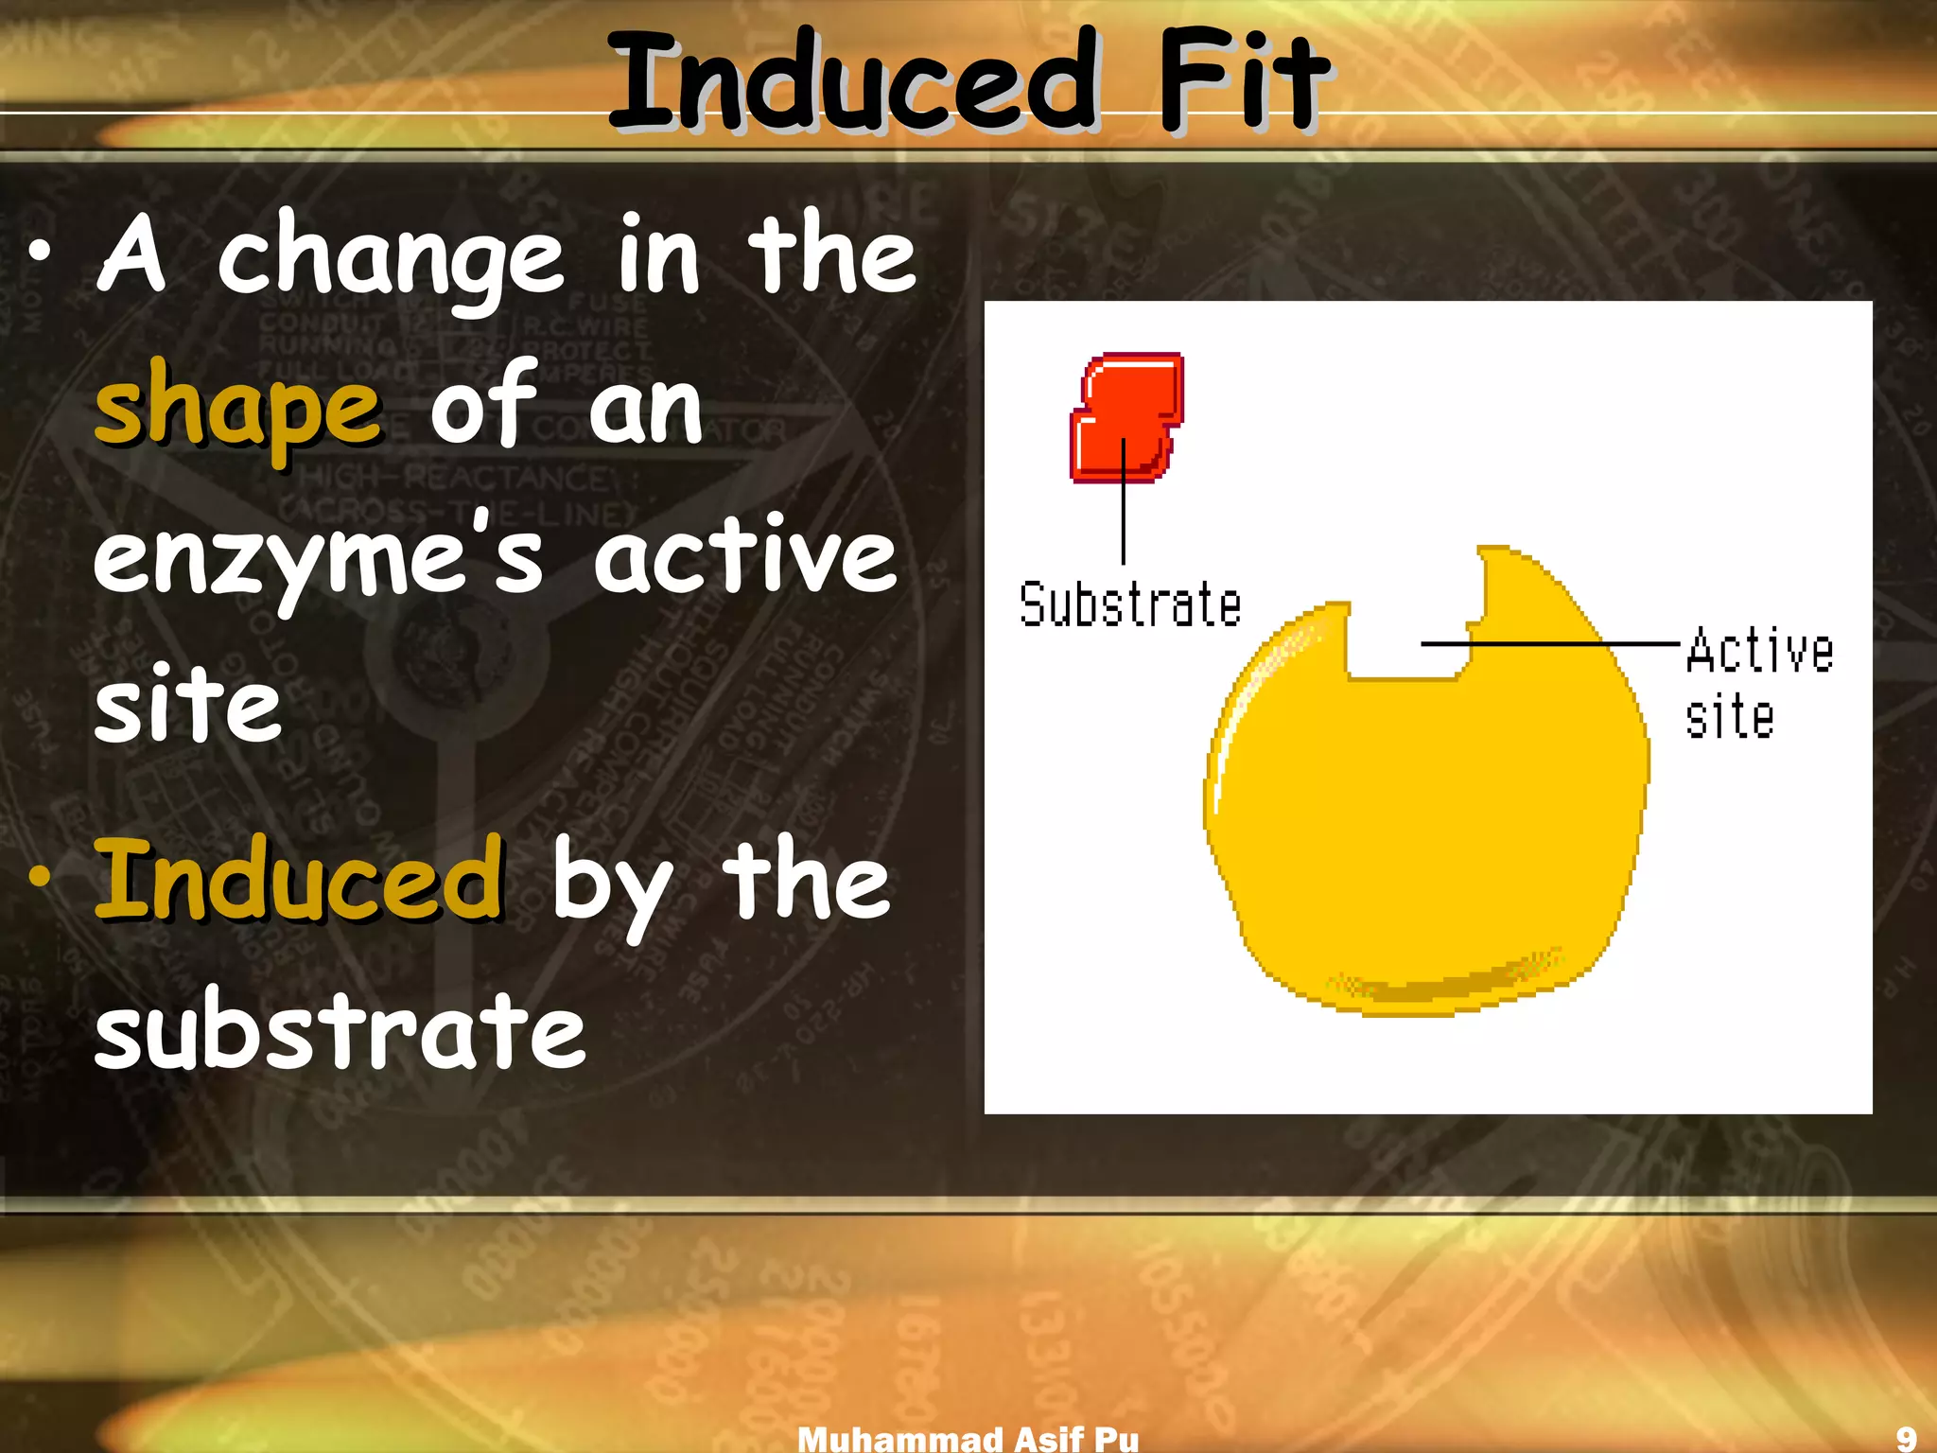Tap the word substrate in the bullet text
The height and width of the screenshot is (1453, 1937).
pos(340,1029)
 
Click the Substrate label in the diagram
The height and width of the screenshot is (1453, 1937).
pos(1130,605)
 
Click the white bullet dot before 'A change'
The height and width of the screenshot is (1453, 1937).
pos(40,253)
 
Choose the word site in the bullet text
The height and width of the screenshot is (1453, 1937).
pos(188,705)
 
